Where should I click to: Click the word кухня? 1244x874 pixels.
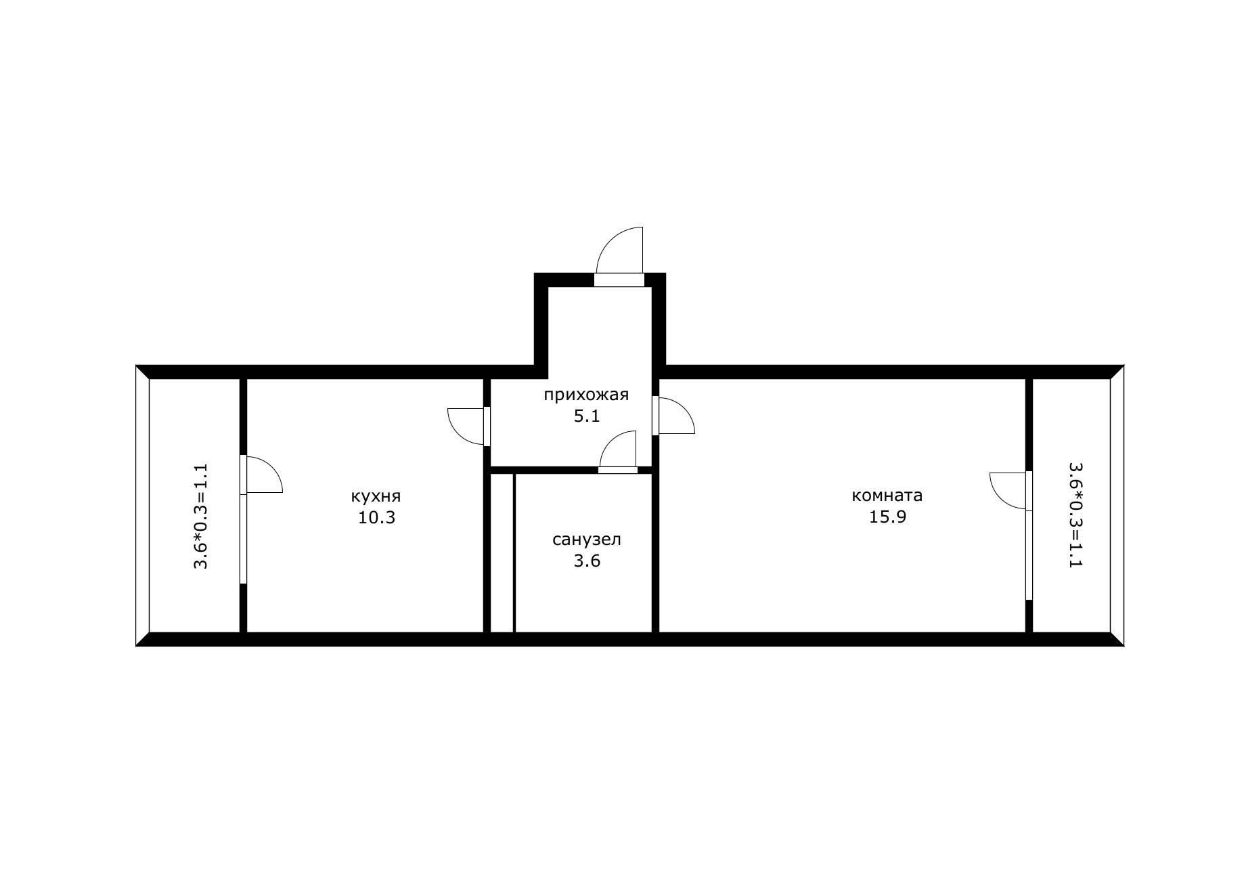[x=376, y=496]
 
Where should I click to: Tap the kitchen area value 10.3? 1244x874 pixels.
[x=376, y=518]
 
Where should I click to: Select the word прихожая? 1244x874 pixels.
[x=586, y=395]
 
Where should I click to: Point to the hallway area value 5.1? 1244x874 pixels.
[x=587, y=416]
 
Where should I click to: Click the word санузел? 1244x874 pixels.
[x=587, y=540]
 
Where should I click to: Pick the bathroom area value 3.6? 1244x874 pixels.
[x=587, y=561]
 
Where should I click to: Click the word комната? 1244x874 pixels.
[x=887, y=496]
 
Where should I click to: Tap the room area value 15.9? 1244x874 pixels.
[x=887, y=517]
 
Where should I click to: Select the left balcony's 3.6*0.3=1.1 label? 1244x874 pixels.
[x=201, y=516]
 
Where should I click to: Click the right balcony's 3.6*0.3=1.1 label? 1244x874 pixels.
[x=1075, y=515]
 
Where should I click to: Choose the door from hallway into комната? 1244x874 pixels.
[x=674, y=415]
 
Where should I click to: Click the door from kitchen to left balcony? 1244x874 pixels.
[x=263, y=474]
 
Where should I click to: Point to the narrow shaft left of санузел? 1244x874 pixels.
[x=502, y=552]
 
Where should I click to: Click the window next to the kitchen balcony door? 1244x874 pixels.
[x=244, y=538]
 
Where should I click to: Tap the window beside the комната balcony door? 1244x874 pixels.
[x=1029, y=555]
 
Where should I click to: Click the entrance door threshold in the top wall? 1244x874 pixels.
[x=619, y=280]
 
